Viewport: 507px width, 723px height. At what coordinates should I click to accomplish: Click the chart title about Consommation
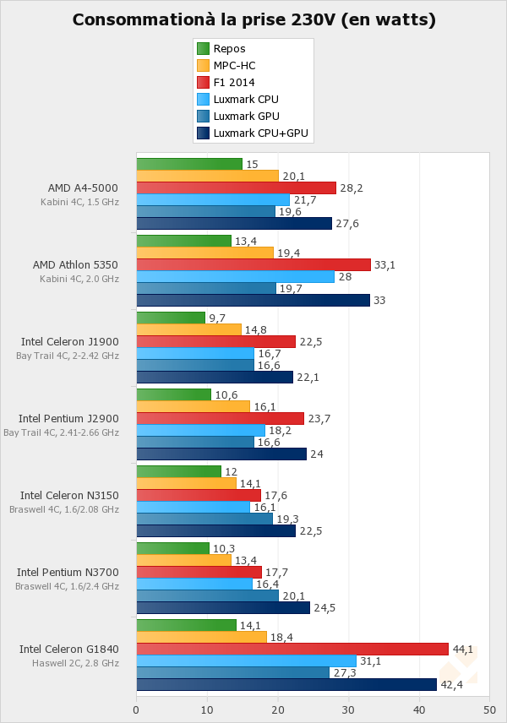[253, 19]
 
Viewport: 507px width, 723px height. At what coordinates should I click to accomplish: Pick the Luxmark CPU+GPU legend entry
[260, 133]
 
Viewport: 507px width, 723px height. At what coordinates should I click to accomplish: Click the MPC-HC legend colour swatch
[203, 65]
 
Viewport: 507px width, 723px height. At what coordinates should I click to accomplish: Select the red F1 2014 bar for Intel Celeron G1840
[292, 649]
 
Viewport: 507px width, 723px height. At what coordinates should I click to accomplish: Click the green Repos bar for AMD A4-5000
[189, 164]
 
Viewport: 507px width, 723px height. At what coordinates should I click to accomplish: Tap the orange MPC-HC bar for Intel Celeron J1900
[188, 329]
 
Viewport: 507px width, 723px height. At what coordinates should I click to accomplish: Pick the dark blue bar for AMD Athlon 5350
[253, 300]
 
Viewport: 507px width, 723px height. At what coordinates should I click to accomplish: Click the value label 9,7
[218, 318]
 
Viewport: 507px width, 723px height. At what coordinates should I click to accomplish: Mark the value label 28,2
[352, 188]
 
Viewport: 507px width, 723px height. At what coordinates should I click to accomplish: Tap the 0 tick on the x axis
[136, 710]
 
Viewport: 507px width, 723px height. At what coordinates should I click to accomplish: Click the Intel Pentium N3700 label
[68, 572]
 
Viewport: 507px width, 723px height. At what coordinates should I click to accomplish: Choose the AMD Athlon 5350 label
[75, 264]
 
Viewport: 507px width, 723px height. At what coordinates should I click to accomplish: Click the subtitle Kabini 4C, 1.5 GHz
[79, 202]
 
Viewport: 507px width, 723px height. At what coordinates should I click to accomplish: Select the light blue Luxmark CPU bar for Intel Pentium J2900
[200, 430]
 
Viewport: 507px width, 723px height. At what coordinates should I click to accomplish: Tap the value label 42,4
[453, 684]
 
